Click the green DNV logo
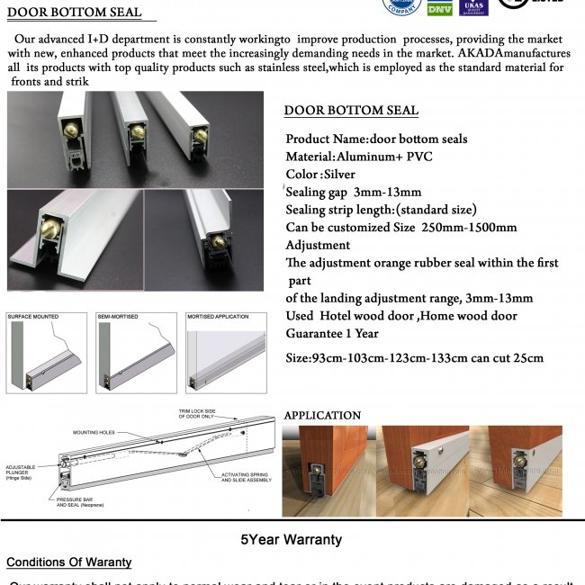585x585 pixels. click(x=439, y=8)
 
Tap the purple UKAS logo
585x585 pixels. click(x=472, y=7)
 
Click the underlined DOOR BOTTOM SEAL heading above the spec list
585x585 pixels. click(x=351, y=111)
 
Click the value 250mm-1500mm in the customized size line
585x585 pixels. click(x=469, y=227)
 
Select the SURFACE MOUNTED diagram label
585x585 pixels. click(x=33, y=318)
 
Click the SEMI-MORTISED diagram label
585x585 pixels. click(x=119, y=318)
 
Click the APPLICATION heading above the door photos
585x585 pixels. click(x=322, y=416)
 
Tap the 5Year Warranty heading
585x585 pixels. click(x=291, y=540)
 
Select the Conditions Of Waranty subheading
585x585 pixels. click(x=68, y=562)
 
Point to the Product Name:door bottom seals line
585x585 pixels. click(x=376, y=139)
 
